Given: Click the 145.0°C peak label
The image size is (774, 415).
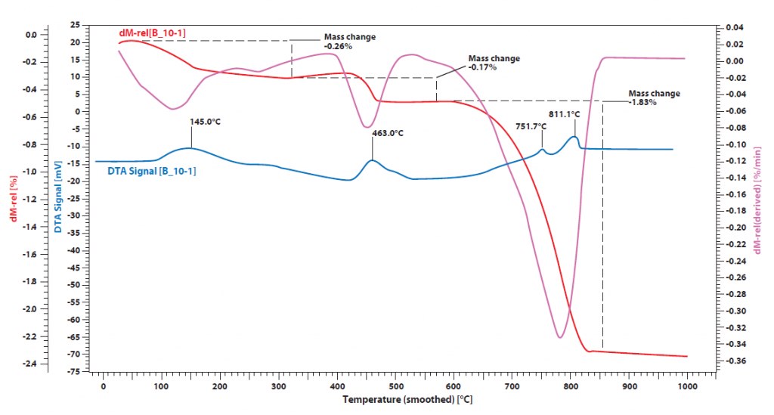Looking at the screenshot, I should pos(210,120).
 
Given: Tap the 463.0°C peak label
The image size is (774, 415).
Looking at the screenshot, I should pos(388,133).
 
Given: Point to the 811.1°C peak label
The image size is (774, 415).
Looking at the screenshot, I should pos(565,114).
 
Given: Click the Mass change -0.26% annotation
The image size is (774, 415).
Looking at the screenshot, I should pos(349,41).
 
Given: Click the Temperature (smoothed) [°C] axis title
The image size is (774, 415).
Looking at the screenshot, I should pos(407,398).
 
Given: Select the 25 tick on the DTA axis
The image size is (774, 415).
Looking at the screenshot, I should pos(75,25).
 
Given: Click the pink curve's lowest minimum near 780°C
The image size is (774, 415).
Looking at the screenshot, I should pos(560,337).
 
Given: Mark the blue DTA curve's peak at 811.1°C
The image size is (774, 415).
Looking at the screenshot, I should pos(575,137).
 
